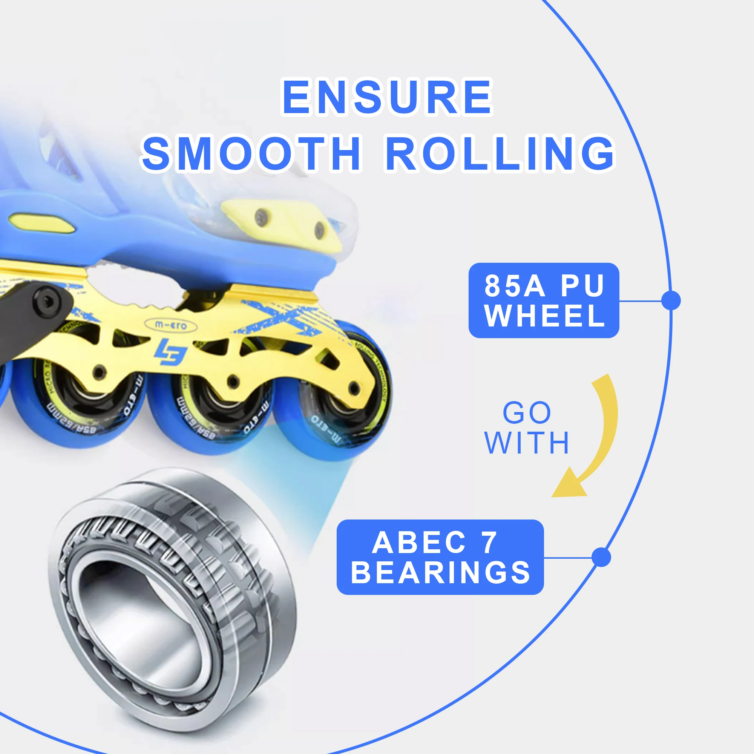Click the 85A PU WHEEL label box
coord(544,300)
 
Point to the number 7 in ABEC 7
coord(489,543)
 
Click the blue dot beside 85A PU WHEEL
coord(671,300)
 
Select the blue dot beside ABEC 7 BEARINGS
coord(601,557)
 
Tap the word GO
coord(527,413)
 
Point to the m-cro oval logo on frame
coord(170,325)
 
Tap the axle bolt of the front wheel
coord(354,388)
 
